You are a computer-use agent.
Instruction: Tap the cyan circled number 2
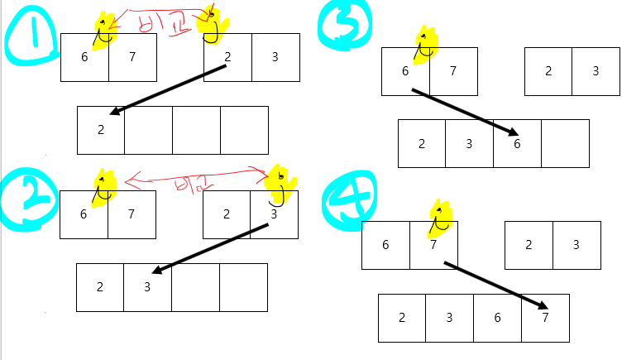(x=29, y=199)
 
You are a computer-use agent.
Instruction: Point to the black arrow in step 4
(x=495, y=286)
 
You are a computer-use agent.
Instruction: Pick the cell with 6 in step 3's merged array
(x=517, y=143)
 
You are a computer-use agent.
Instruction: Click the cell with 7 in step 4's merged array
(x=545, y=318)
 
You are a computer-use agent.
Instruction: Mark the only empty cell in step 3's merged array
(x=565, y=143)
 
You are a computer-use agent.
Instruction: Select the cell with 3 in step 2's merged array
(x=147, y=287)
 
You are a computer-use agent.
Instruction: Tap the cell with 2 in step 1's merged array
(x=101, y=130)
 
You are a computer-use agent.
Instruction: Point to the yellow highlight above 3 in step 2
(x=280, y=184)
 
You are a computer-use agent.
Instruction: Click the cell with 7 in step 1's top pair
(x=132, y=57)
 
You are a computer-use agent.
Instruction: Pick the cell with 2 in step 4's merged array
(x=402, y=318)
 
